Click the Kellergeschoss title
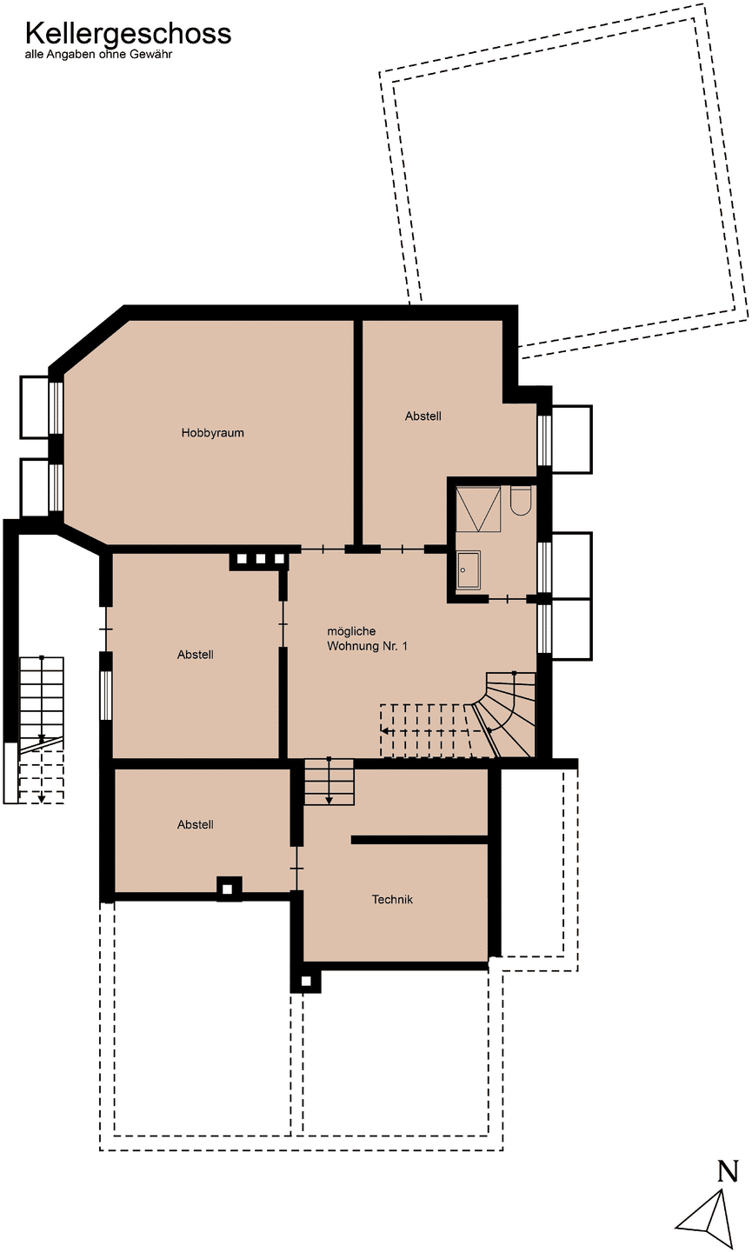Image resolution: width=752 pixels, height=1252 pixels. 128,34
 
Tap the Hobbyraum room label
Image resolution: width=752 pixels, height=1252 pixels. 212,433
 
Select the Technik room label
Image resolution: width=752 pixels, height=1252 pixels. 392,899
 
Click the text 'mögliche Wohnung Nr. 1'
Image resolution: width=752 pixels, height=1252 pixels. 367,638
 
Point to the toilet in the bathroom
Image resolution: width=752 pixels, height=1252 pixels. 520,501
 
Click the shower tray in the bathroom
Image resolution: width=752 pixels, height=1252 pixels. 478,509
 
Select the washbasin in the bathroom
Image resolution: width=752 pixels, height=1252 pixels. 469,570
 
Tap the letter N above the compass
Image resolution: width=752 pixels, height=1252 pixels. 728,1171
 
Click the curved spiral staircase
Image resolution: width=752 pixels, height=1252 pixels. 504,715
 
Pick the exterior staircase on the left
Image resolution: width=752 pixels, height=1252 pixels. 42,730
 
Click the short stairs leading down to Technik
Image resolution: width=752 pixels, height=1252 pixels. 329,782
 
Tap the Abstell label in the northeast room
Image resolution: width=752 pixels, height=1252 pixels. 423,416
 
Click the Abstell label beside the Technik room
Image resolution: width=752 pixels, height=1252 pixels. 195,824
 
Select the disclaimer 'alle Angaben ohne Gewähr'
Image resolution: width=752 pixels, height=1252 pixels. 98,55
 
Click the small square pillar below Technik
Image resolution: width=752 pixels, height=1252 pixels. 306,981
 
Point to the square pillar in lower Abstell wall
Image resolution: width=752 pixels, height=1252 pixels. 229,889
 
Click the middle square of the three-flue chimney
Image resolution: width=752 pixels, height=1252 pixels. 260,558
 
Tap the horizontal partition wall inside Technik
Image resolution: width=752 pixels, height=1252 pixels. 420,840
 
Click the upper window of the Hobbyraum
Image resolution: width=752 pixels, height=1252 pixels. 56,407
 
